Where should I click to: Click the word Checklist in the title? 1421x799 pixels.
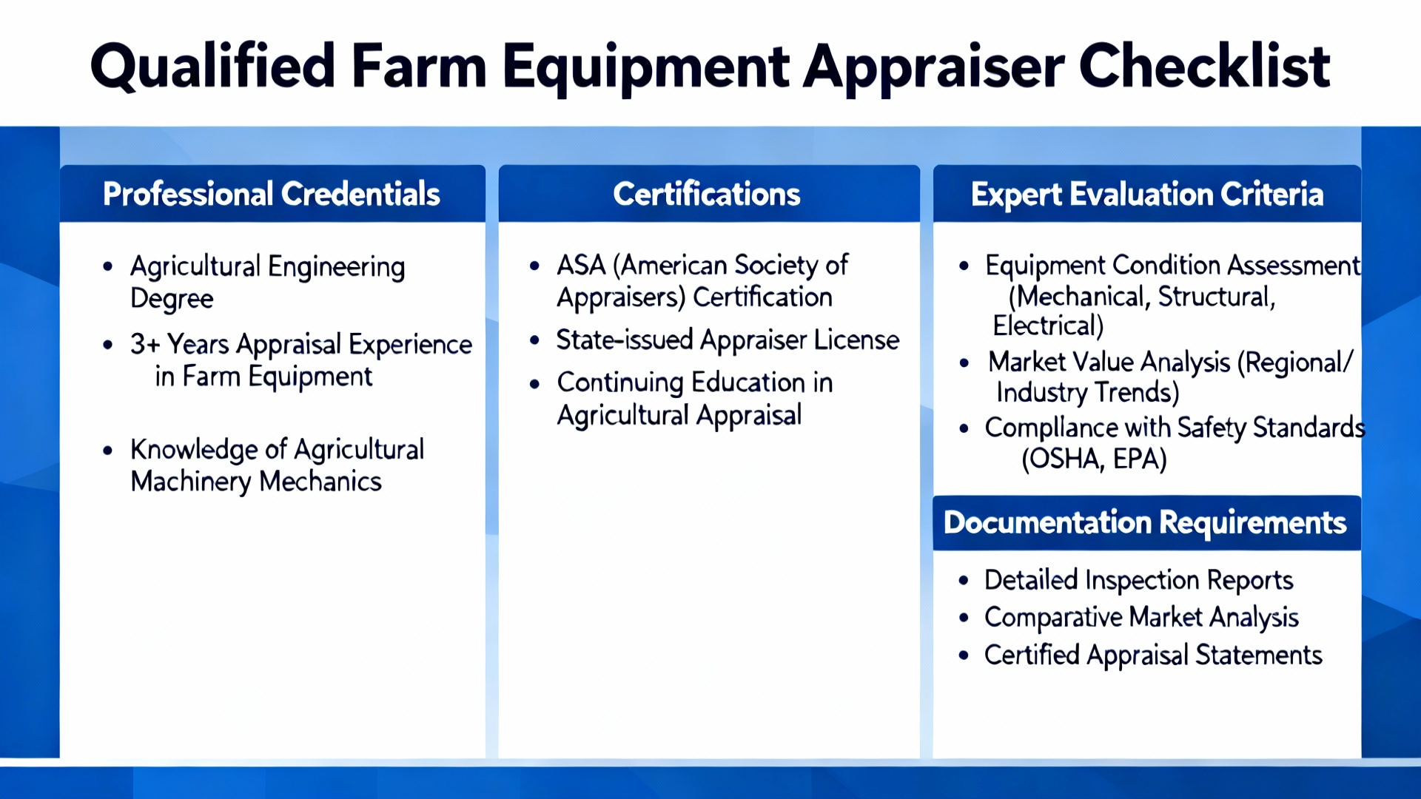[x=1204, y=67]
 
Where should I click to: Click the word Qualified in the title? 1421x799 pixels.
[x=213, y=67]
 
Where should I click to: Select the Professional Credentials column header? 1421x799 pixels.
[x=272, y=194]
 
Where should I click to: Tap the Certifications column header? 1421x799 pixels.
[x=707, y=194]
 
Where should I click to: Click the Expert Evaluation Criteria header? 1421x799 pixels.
[x=1146, y=194]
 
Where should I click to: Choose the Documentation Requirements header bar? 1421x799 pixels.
[x=1145, y=523]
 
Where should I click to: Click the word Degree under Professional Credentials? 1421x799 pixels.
[x=172, y=299]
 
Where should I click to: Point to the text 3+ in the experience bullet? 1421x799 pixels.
[x=145, y=344]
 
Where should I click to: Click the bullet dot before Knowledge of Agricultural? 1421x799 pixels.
[x=108, y=450]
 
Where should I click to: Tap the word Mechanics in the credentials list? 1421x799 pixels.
[x=320, y=482]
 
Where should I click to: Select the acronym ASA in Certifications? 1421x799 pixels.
[x=581, y=265]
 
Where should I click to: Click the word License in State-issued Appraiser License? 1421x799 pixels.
[x=856, y=340]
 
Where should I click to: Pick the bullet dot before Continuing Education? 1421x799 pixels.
[x=535, y=383]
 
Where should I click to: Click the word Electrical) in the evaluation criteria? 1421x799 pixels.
[x=1048, y=326]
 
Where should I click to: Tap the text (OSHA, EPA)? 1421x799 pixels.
[x=1094, y=459]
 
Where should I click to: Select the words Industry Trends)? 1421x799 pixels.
[x=1087, y=392]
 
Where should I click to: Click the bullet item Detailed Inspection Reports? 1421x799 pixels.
[x=1138, y=580]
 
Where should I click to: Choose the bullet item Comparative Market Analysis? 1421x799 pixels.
[x=1141, y=617]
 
